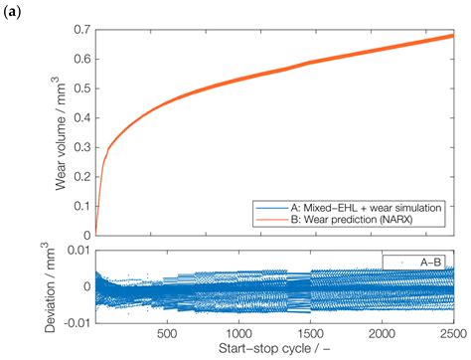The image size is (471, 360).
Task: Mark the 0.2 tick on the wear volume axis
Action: tap(81, 175)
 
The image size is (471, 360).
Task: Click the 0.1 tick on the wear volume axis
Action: tap(81, 205)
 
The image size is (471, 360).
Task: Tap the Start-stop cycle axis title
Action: tap(273, 350)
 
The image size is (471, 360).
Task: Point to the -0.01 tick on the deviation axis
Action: tap(76, 320)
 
